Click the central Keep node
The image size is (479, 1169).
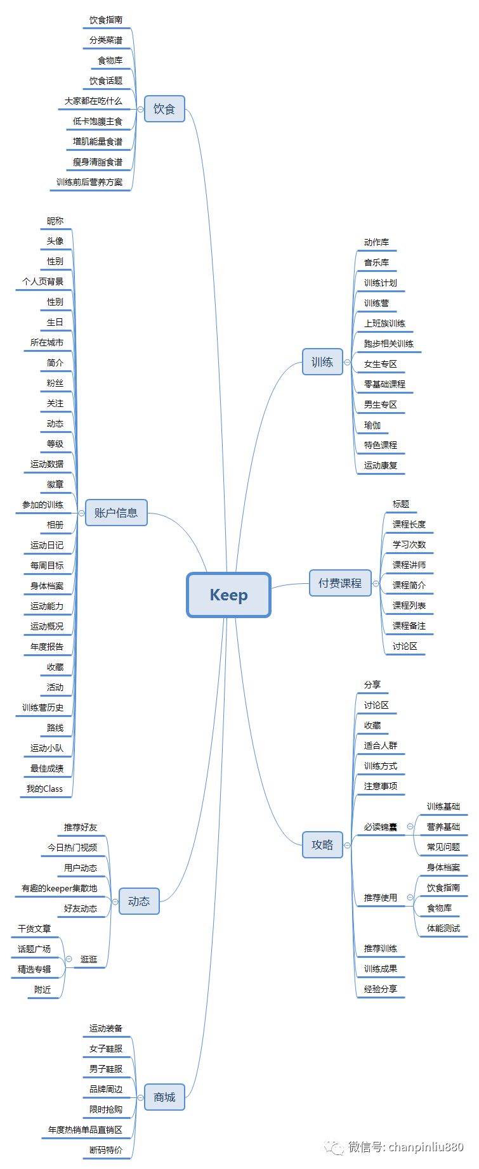click(228, 595)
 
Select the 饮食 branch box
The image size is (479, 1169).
click(164, 109)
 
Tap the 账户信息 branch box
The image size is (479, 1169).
click(116, 513)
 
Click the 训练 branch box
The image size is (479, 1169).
click(322, 362)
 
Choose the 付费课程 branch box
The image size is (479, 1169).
click(340, 583)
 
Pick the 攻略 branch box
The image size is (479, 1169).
click(322, 844)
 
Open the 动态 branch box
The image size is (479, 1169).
click(139, 901)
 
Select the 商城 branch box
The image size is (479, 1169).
click(164, 1097)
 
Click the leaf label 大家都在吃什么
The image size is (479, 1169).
click(93, 101)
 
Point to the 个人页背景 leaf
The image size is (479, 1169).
click(43, 281)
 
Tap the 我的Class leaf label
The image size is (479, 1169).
click(44, 789)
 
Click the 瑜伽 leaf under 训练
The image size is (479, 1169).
click(372, 425)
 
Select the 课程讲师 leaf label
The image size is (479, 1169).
click(409, 565)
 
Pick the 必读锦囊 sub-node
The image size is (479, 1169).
click(380, 827)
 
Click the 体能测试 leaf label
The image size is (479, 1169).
click(443, 928)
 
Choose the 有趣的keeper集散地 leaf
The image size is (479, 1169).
click(59, 888)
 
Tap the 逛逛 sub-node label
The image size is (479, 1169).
click(89, 959)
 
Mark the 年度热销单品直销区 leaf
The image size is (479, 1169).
click(85, 1130)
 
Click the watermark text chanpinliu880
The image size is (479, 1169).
click(426, 1147)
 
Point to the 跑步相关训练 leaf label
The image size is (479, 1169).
click(388, 344)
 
